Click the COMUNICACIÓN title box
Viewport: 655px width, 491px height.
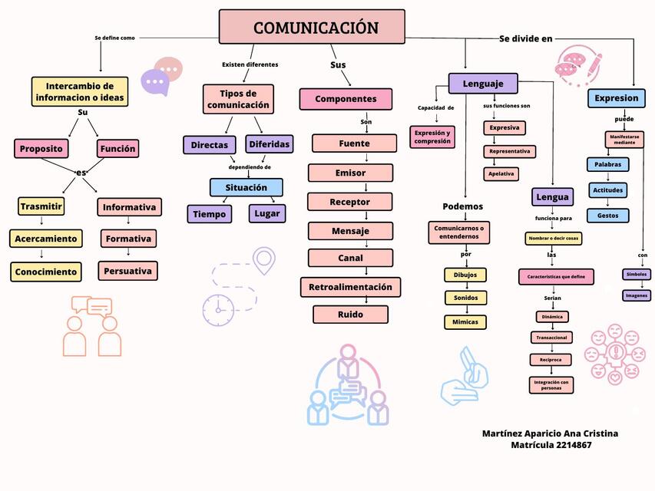[x=312, y=27]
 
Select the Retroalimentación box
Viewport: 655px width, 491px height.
[x=350, y=287]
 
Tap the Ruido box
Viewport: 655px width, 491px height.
[x=350, y=315]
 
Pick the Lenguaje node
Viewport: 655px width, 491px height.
[x=483, y=84]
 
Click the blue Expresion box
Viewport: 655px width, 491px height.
[x=616, y=98]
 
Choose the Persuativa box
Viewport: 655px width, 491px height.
[x=128, y=271]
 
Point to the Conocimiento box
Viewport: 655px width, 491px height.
[x=45, y=272]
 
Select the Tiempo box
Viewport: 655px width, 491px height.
[x=209, y=214]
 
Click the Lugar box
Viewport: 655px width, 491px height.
[x=267, y=213]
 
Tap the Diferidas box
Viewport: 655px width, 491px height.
[x=269, y=144]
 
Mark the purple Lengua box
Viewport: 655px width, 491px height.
[x=552, y=197]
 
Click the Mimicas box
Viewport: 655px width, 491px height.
[x=465, y=322]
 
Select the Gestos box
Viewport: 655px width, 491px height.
[x=607, y=216]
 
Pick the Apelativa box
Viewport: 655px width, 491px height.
[x=501, y=174]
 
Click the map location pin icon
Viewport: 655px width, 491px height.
[x=264, y=260]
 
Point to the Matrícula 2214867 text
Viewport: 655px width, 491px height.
[x=551, y=445]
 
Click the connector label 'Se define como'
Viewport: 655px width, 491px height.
[x=114, y=38]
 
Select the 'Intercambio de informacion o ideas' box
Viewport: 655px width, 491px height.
[x=80, y=92]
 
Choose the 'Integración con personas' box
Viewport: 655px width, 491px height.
[x=551, y=384]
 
